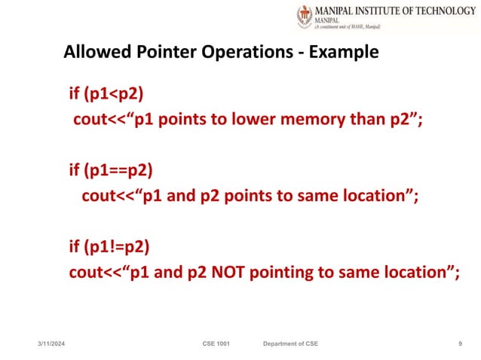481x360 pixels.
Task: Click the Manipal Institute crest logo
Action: (x=305, y=17)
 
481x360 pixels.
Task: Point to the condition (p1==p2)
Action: (x=121, y=171)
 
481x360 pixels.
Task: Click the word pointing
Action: (x=291, y=271)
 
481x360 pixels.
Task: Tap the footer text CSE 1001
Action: (x=216, y=343)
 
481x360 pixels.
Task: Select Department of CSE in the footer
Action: (x=290, y=343)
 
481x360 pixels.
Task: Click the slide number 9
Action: (x=460, y=343)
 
